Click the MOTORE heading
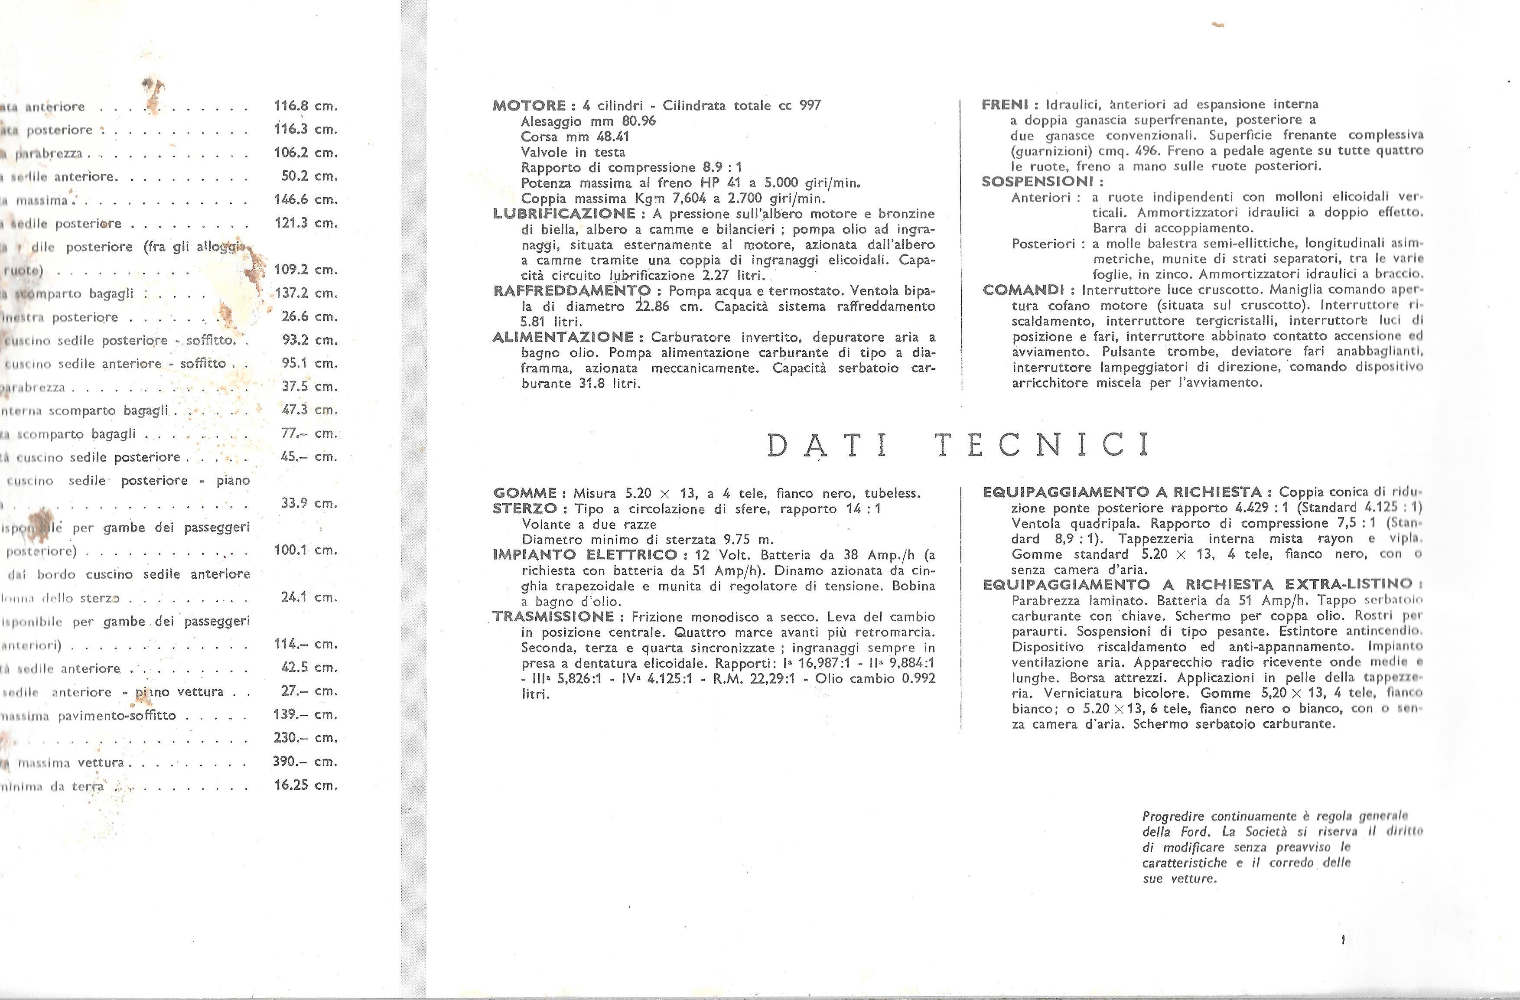point(530,105)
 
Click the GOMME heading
point(525,493)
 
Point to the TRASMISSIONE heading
point(554,617)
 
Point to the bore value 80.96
point(638,121)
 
